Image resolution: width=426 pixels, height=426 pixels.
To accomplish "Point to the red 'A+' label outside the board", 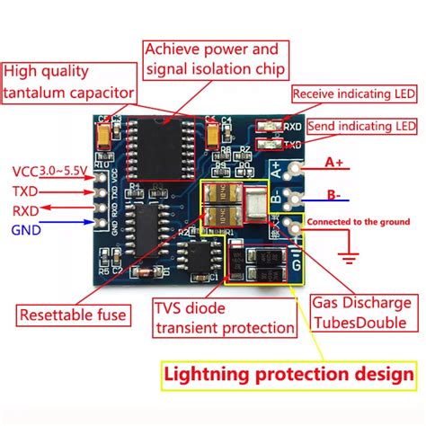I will coord(334,163).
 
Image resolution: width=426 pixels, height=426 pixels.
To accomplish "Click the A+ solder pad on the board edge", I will coord(288,165).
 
